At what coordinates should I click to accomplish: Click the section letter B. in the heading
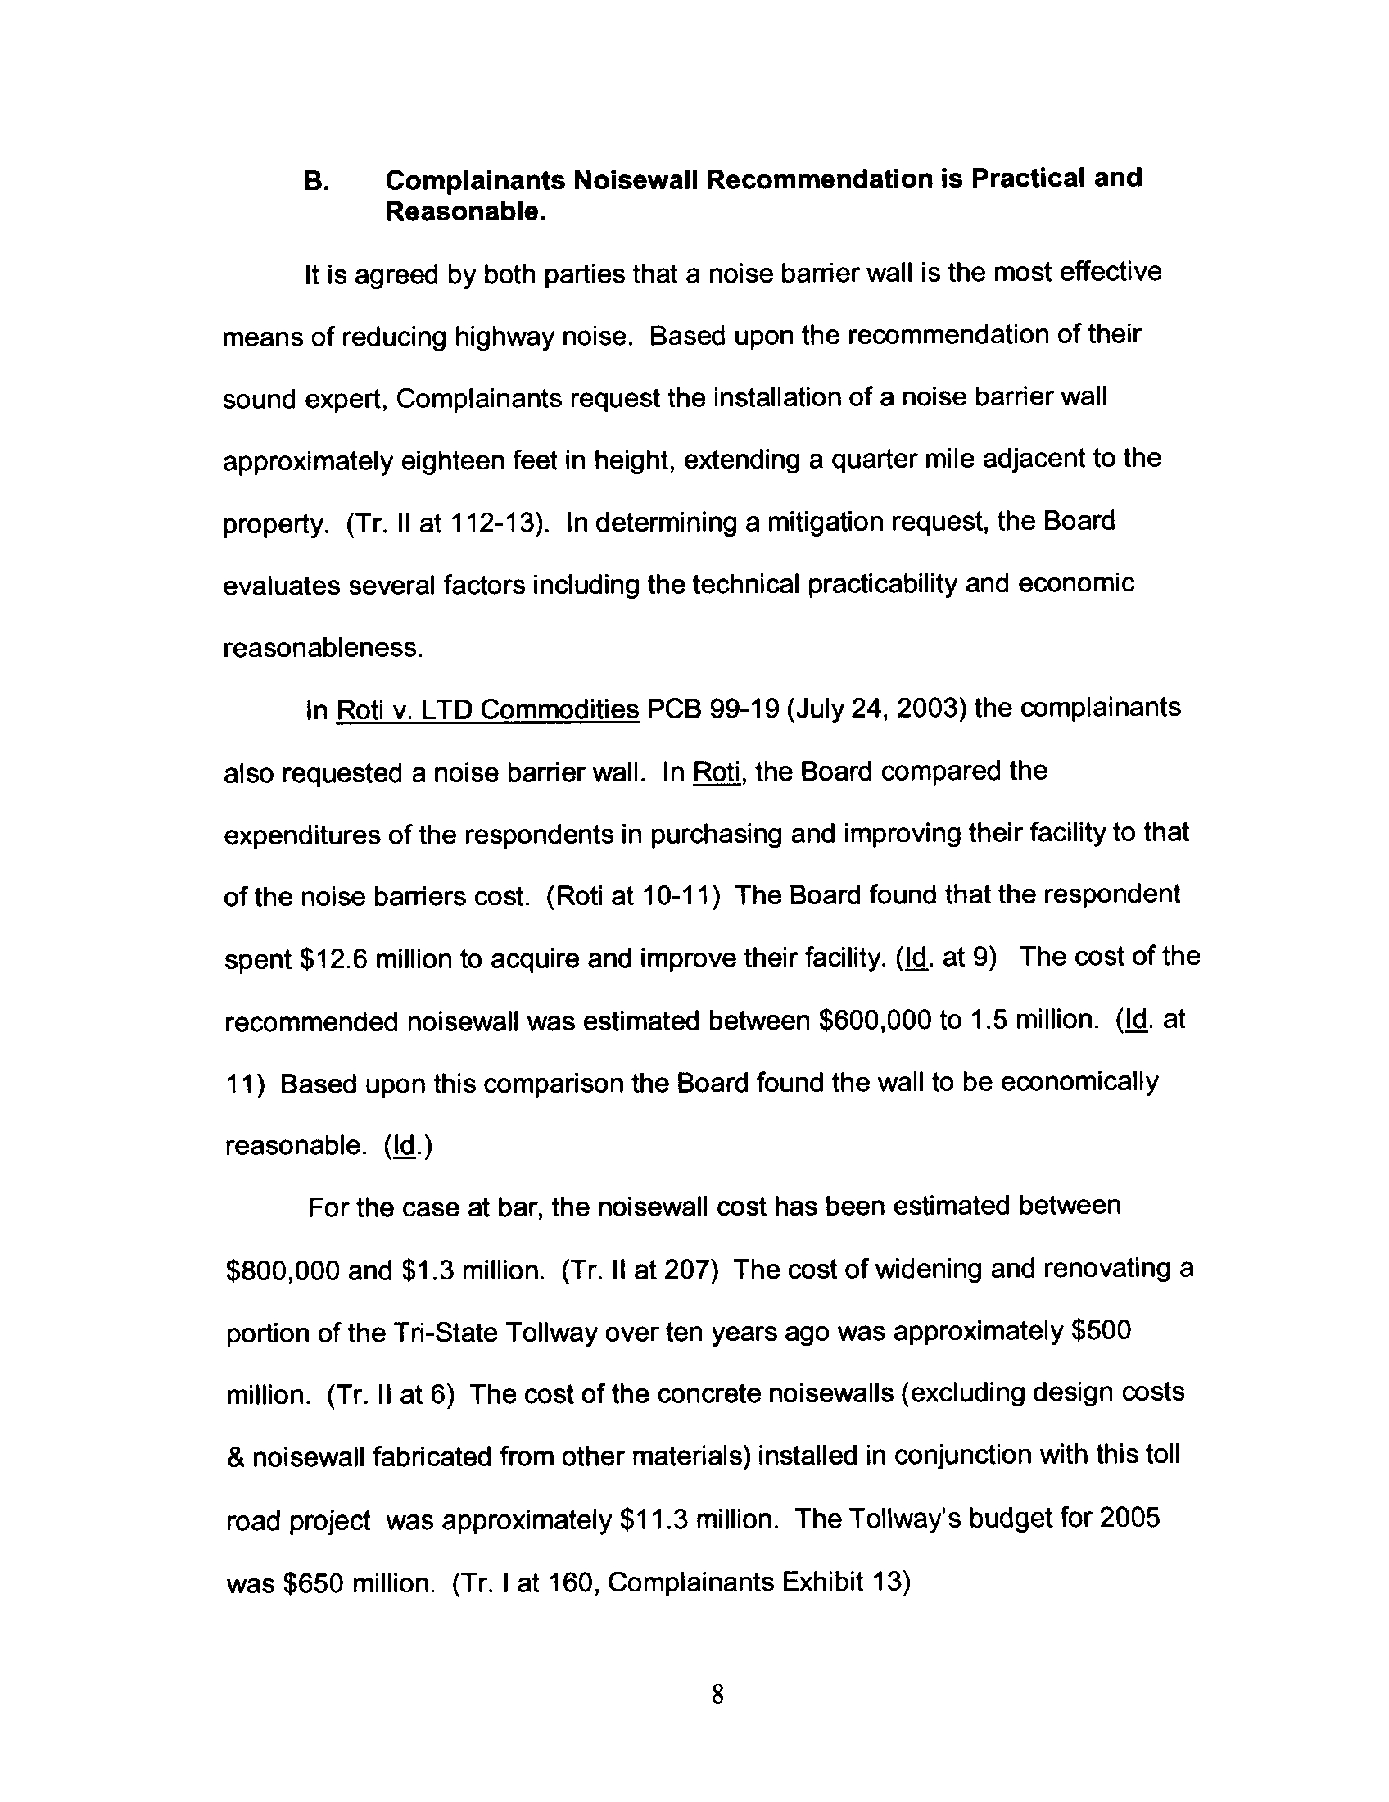coord(317,182)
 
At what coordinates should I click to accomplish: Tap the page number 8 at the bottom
coord(717,1695)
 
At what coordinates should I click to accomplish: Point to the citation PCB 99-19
coord(713,709)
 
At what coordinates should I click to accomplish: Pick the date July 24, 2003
coord(877,709)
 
